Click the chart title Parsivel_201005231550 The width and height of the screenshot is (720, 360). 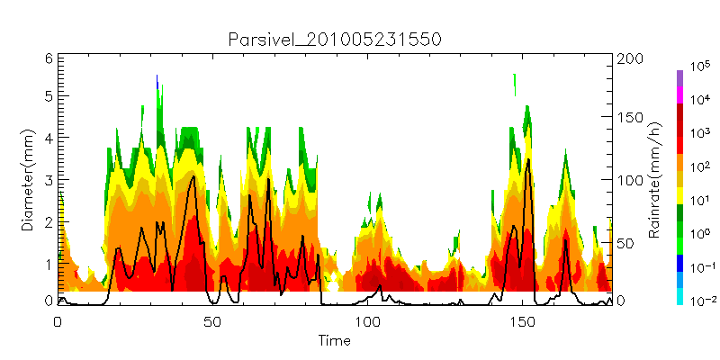pyautogui.click(x=334, y=40)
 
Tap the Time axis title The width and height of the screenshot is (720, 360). pyautogui.click(x=335, y=341)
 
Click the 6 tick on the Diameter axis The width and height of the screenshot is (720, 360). pyautogui.click(x=49, y=58)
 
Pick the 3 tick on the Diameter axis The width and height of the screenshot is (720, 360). pyautogui.click(x=49, y=179)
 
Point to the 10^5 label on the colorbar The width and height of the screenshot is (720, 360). pyautogui.click(x=700, y=67)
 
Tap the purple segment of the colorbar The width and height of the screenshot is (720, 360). pyautogui.click(x=680, y=78)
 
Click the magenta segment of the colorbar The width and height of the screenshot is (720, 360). pyautogui.click(x=680, y=95)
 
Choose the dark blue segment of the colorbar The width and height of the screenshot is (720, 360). pyautogui.click(x=680, y=263)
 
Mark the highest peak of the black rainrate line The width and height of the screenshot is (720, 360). pyautogui.click(x=529, y=159)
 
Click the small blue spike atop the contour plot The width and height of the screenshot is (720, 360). pyautogui.click(x=157, y=82)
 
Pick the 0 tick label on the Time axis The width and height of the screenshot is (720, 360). pyautogui.click(x=58, y=321)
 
